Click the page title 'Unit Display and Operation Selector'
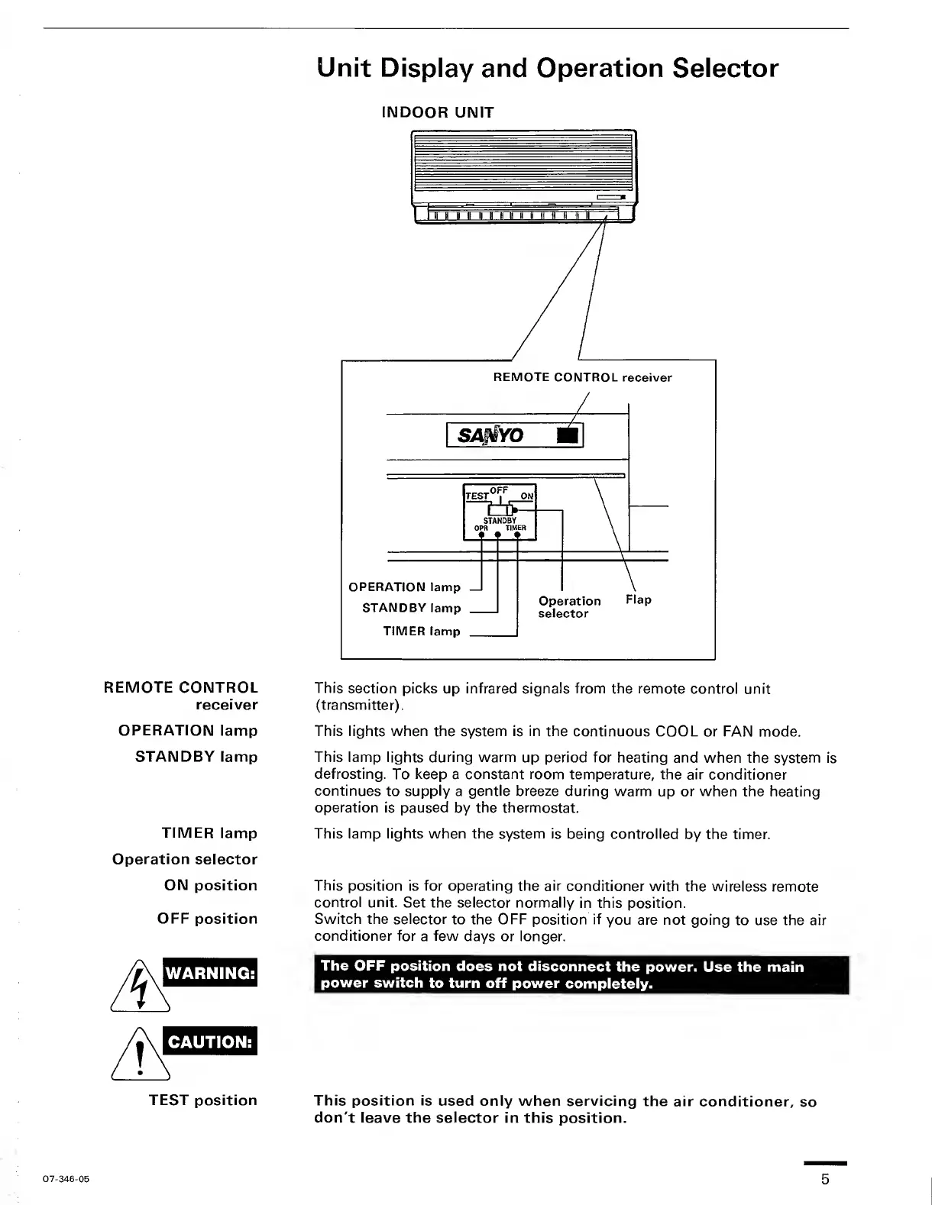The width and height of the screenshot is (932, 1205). click(548, 68)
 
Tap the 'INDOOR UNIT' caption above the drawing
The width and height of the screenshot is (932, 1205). click(437, 112)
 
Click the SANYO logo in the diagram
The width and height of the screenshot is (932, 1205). click(491, 435)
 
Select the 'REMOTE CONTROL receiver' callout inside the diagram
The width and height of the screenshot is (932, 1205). click(582, 377)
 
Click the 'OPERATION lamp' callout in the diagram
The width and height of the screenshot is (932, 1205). click(404, 587)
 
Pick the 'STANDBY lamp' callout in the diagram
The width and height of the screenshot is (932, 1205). click(411, 608)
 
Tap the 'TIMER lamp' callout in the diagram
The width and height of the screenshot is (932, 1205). click(421, 632)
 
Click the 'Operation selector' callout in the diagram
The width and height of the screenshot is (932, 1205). click(569, 607)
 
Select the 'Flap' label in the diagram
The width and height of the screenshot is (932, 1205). click(638, 599)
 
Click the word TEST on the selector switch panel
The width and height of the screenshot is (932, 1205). click(477, 496)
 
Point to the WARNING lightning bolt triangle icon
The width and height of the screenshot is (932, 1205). click(140, 986)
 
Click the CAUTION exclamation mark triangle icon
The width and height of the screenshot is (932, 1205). click(140, 1055)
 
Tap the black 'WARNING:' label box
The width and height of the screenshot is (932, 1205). click(211, 973)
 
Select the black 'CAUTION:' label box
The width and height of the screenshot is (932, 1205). click(211, 1042)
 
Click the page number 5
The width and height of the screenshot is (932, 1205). click(825, 1179)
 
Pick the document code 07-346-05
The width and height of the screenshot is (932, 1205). click(66, 1179)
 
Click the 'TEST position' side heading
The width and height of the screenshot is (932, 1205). click(203, 1100)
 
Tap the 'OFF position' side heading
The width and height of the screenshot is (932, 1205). click(207, 919)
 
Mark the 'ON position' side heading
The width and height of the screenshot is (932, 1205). click(211, 885)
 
